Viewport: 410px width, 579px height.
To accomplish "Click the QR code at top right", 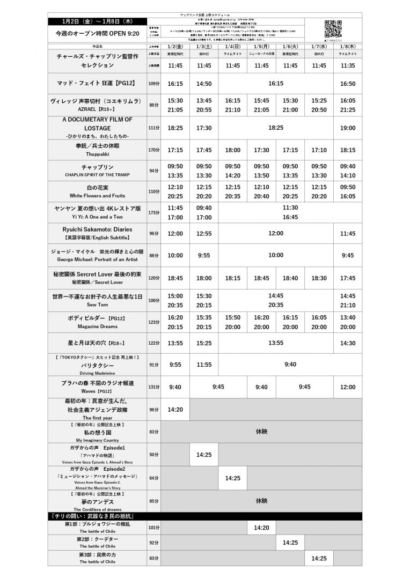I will pyautogui.click(x=333, y=27).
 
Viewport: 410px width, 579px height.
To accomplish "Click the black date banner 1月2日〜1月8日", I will pyautogui.click(x=97, y=21).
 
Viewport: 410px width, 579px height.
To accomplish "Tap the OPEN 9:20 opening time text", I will pyautogui.click(x=97, y=33).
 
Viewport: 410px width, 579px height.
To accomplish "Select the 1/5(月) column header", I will pyautogui.click(x=261, y=47).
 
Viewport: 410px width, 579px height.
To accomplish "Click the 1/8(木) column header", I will pyautogui.click(x=348, y=47).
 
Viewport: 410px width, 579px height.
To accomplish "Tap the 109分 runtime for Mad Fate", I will pyautogui.click(x=153, y=84).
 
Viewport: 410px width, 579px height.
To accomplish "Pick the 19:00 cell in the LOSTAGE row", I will pyautogui.click(x=348, y=128).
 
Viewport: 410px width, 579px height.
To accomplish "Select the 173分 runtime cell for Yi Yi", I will pyautogui.click(x=153, y=213).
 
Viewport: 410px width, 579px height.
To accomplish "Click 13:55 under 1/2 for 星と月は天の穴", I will pyautogui.click(x=175, y=343).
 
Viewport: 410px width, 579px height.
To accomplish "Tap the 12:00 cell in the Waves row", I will pyautogui.click(x=348, y=387).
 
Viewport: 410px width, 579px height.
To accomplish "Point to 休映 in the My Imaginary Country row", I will pyautogui.click(x=261, y=431).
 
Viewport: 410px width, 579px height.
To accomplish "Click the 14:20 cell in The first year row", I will pyautogui.click(x=175, y=409).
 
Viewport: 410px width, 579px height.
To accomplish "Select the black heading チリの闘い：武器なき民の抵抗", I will pyautogui.click(x=97, y=516).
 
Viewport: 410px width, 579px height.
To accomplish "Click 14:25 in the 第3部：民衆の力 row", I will pyautogui.click(x=319, y=558).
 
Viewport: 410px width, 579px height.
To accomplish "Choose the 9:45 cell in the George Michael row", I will pyautogui.click(x=348, y=256).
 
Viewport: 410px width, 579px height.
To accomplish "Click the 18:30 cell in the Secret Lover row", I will pyautogui.click(x=319, y=278).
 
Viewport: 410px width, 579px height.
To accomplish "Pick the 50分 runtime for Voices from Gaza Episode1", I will pyautogui.click(x=153, y=455).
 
